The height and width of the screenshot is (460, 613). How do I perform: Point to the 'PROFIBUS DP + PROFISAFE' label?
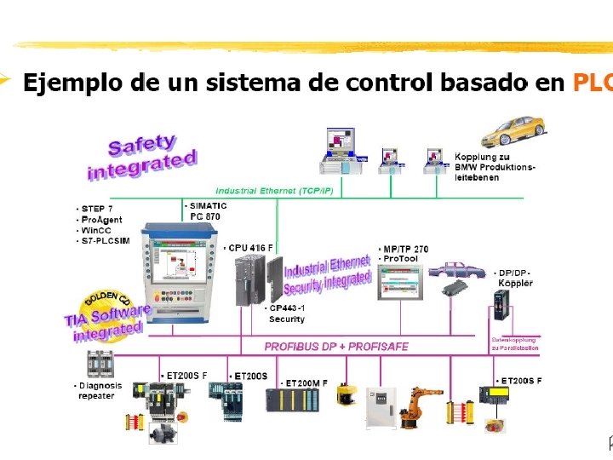click(335, 347)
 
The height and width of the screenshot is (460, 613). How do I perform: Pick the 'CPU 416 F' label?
click(249, 248)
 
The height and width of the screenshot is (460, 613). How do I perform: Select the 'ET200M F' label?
click(306, 382)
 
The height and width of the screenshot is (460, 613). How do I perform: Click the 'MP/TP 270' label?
click(406, 249)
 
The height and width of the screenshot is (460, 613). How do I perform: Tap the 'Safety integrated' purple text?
click(141, 155)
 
